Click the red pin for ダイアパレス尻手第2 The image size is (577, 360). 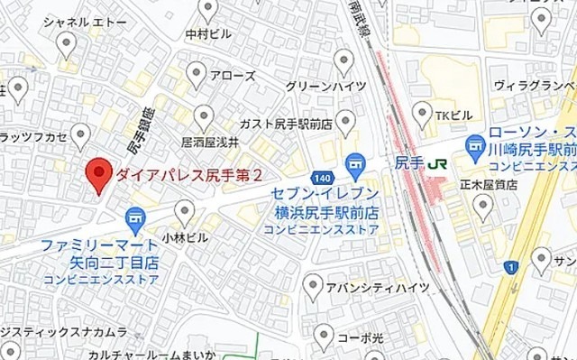pyautogui.click(x=98, y=173)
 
